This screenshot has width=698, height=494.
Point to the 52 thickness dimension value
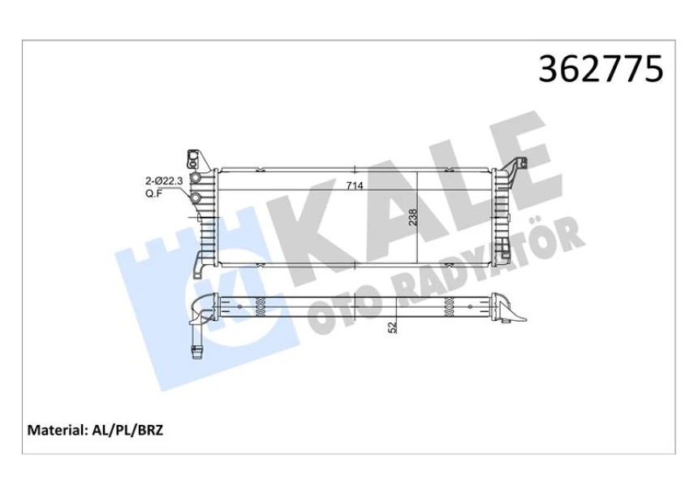point(392,327)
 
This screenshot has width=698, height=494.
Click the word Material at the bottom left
point(58,430)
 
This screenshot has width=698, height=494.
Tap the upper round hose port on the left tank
point(195,179)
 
